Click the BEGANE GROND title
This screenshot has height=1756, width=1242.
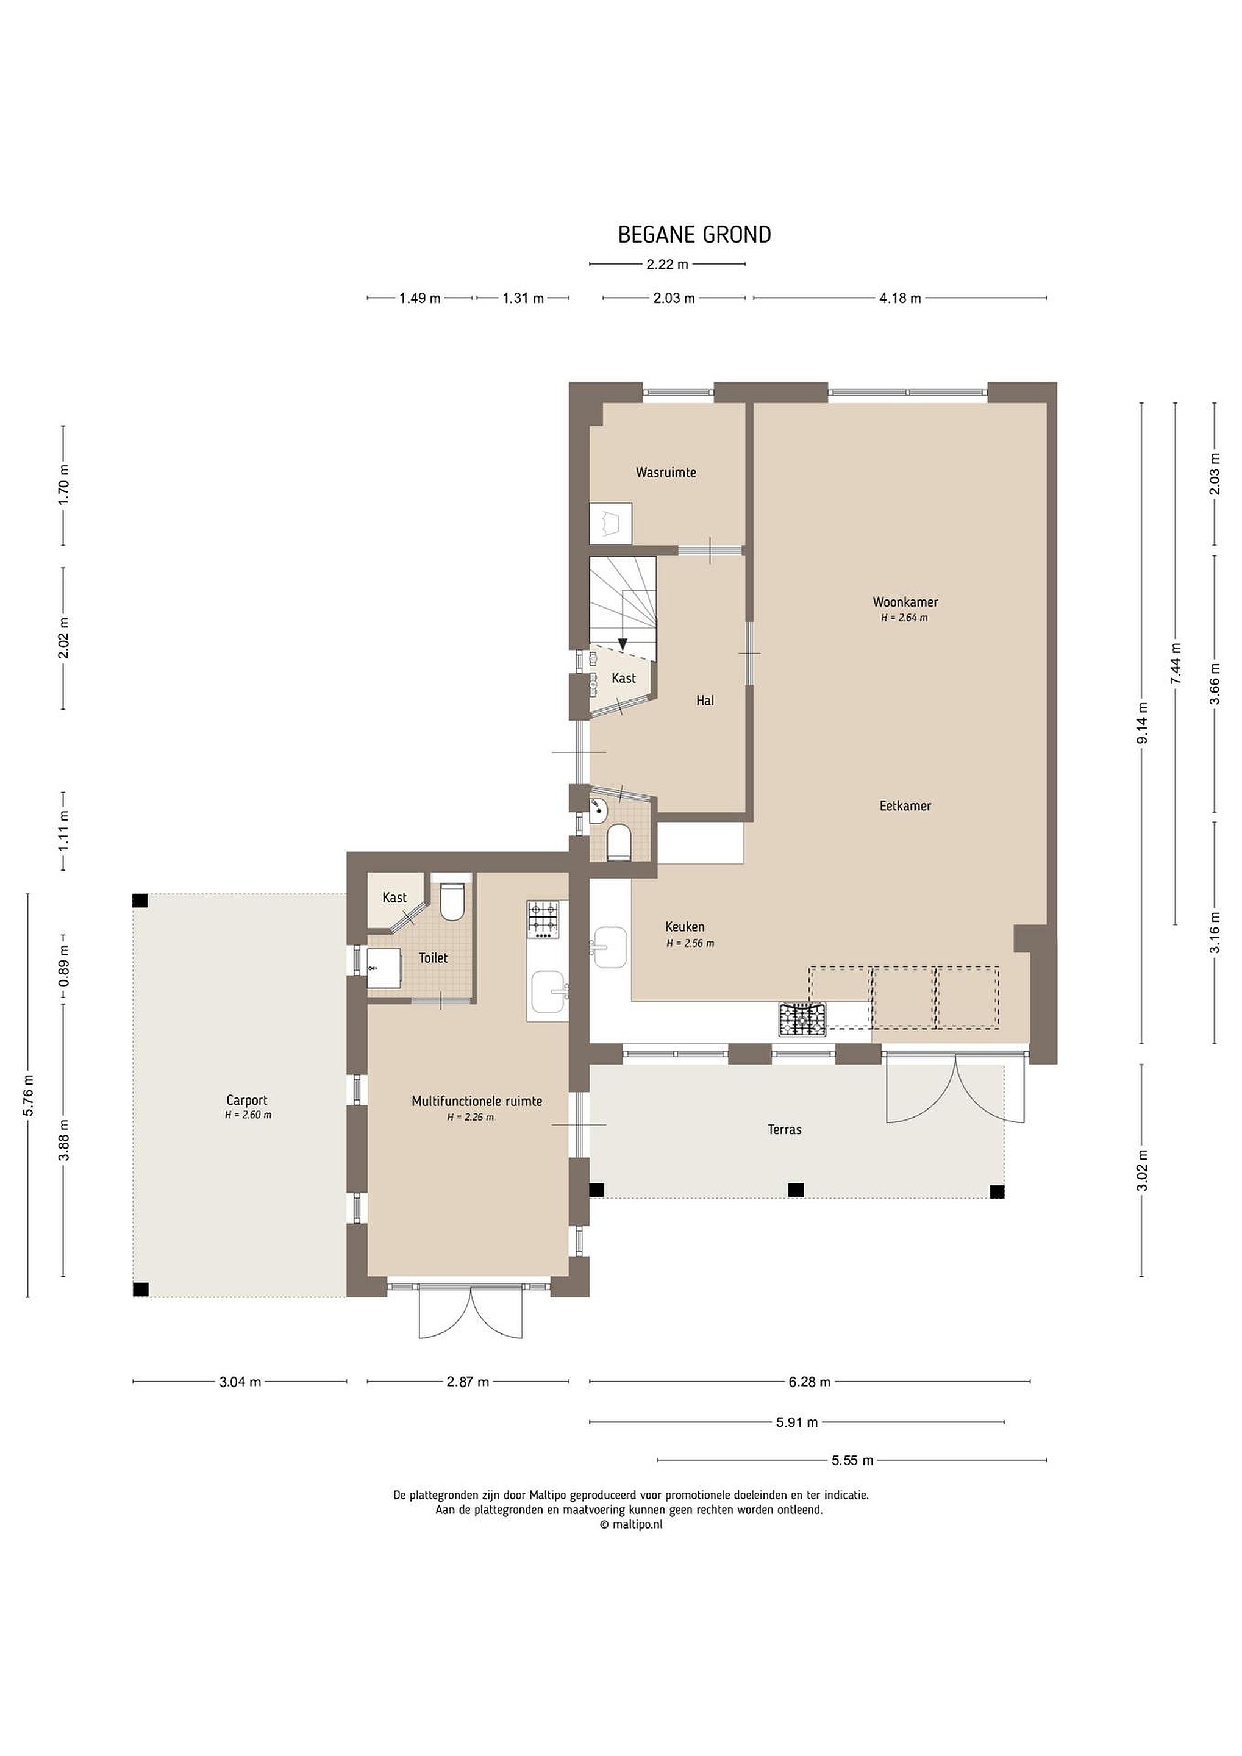pos(694,234)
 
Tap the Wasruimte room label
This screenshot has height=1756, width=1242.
pos(666,472)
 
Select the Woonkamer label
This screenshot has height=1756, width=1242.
pos(905,602)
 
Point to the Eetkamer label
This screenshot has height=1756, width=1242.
pos(905,805)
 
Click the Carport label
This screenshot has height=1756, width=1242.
pos(247,1101)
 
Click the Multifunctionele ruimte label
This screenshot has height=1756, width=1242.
pos(477,1101)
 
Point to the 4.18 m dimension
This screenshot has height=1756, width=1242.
pos(900,298)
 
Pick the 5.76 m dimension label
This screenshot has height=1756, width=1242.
pos(28,1096)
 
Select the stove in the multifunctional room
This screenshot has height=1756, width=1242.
pos(544,919)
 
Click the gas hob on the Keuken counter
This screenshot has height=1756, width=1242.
pos(802,1019)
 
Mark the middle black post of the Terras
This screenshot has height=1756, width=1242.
pos(796,1190)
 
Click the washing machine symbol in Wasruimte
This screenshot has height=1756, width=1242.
pos(610,523)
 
